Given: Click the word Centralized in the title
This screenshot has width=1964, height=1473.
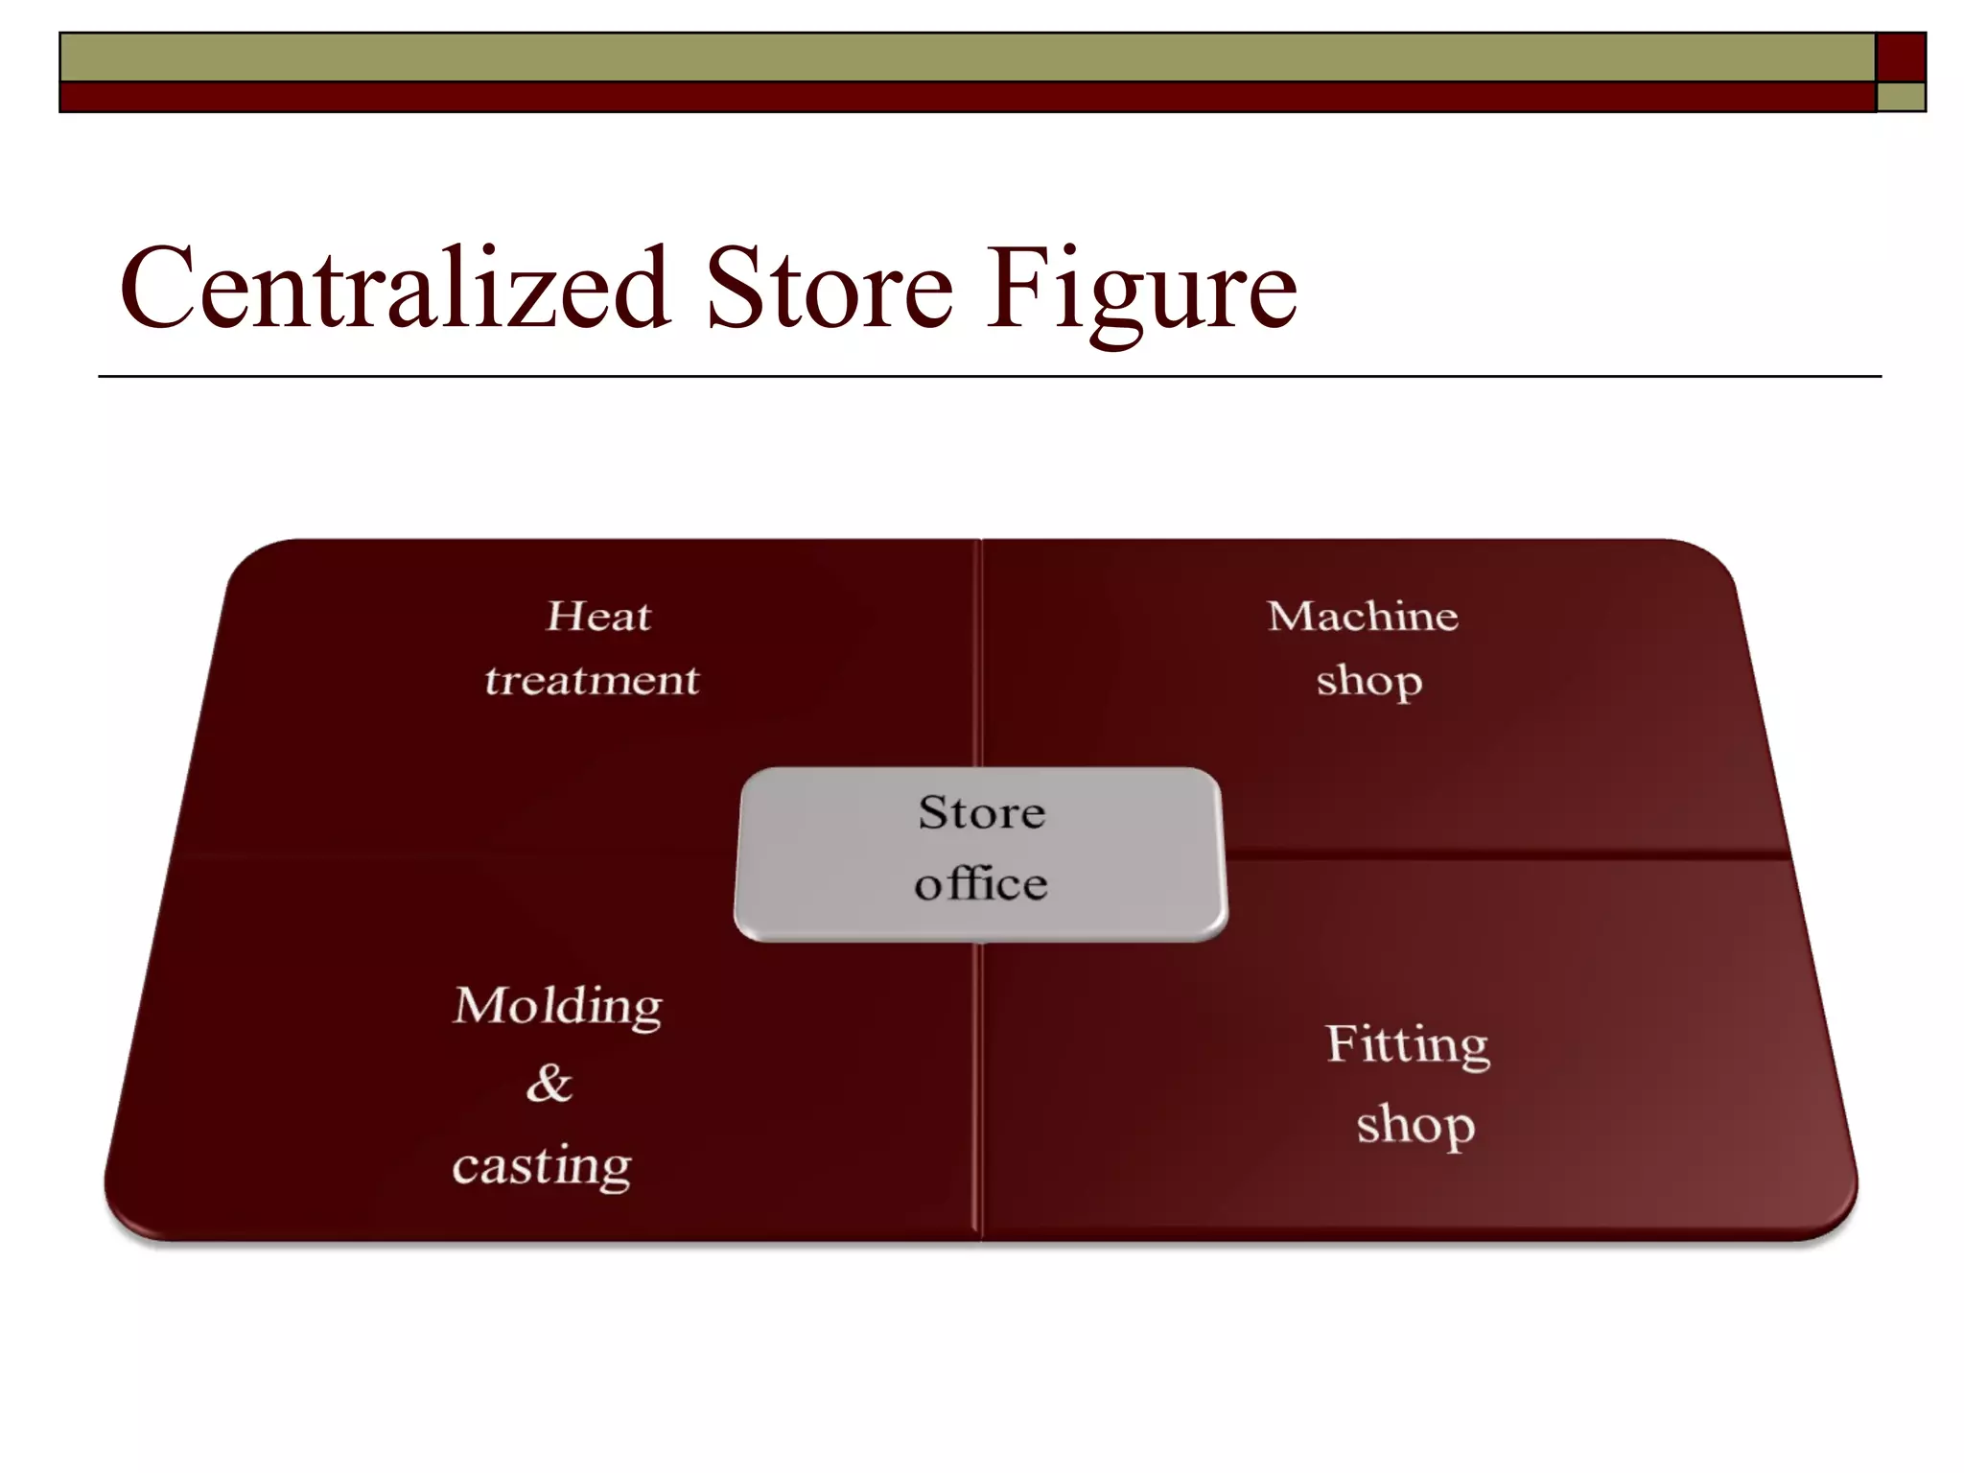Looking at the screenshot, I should click(x=394, y=287).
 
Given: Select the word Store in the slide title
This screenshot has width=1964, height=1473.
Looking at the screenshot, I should click(x=830, y=287).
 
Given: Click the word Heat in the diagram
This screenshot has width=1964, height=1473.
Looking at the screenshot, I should click(x=598, y=616).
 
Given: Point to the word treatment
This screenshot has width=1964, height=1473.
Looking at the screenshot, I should click(x=592, y=680).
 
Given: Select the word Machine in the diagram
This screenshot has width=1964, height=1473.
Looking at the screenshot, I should click(x=1363, y=616).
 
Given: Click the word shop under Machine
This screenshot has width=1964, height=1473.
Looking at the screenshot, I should click(x=1368, y=681).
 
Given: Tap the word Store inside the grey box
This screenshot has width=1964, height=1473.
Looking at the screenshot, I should click(x=981, y=812).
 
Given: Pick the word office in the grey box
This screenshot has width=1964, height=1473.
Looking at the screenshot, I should click(x=980, y=883).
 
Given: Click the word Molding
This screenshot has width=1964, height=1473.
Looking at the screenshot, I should click(x=557, y=1007).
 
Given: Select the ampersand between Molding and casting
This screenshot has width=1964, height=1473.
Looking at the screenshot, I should click(x=549, y=1084).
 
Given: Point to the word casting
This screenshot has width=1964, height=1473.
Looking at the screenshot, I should click(x=542, y=1166).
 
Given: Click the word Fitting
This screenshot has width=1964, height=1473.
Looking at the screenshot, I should click(x=1408, y=1045).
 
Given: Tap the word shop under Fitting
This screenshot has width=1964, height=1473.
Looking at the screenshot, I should click(x=1415, y=1125).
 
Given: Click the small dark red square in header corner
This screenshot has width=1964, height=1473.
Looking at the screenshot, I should click(x=1901, y=58).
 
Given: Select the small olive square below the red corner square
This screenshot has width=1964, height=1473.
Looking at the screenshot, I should click(x=1901, y=97).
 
